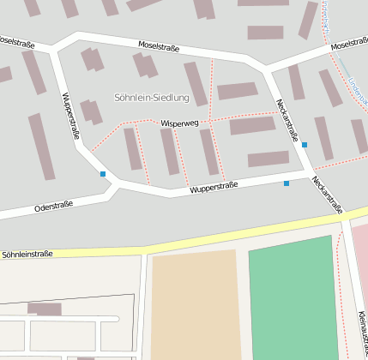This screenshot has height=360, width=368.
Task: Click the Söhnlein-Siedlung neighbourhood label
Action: [151, 98]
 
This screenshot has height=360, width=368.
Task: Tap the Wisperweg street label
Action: [178, 123]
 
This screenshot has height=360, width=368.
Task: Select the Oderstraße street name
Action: [53, 206]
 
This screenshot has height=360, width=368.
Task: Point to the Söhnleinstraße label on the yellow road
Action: [27, 254]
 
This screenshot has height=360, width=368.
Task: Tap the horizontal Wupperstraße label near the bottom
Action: [214, 186]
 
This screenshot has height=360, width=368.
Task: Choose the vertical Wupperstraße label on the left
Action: [71, 116]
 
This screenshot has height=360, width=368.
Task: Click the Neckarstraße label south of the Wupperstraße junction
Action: [327, 195]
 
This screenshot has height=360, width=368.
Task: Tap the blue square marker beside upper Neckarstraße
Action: [305, 145]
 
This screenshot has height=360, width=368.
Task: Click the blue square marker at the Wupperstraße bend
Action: [103, 174]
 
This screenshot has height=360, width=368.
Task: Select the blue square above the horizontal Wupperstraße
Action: [287, 183]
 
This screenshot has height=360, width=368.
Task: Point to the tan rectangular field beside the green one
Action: [196, 304]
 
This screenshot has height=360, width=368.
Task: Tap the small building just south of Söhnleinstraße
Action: [45, 309]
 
